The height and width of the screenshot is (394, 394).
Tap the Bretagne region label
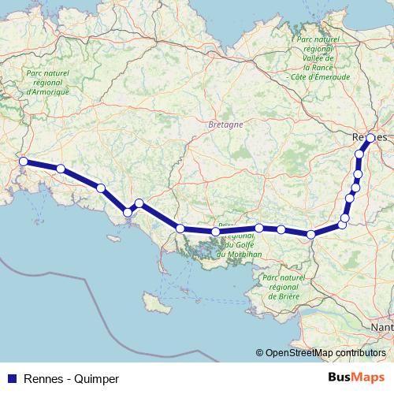[x=226, y=125]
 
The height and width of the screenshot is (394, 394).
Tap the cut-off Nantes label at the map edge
[x=383, y=325]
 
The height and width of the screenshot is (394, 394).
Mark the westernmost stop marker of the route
[x=24, y=162]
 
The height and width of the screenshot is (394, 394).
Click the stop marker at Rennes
[x=370, y=138]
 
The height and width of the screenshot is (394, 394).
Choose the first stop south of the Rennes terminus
[x=359, y=154]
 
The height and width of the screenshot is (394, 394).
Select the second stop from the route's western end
[x=61, y=168]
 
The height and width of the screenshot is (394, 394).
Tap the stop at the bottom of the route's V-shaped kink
[x=128, y=211]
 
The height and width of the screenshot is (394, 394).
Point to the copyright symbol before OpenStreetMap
[x=259, y=353]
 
